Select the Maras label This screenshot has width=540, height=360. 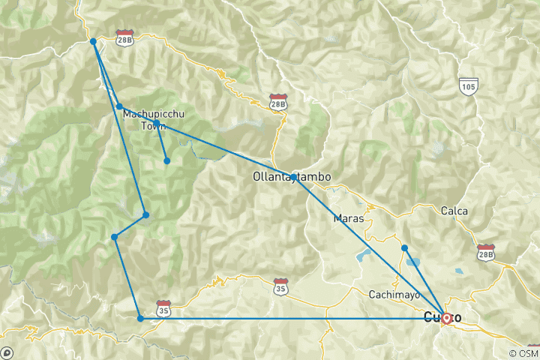click(x=349, y=218)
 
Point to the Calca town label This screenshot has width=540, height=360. click(x=454, y=211)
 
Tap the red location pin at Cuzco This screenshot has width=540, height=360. click(x=446, y=318)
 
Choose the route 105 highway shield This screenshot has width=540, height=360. click(x=469, y=88)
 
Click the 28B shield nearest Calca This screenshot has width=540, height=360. click(x=486, y=250)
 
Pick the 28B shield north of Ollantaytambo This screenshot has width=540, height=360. click(x=278, y=101)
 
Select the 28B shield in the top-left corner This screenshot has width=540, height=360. click(x=124, y=38)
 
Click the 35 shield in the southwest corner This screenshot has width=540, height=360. click(x=163, y=307)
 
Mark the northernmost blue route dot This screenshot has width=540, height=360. click(x=93, y=41)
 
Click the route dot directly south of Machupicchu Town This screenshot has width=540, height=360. click(x=166, y=160)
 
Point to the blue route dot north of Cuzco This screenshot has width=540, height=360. click(x=404, y=247)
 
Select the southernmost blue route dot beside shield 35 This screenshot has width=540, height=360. click(x=140, y=319)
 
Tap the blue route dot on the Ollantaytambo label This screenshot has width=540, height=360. click(x=292, y=177)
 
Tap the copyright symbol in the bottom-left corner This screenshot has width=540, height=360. click(x=7, y=352)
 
